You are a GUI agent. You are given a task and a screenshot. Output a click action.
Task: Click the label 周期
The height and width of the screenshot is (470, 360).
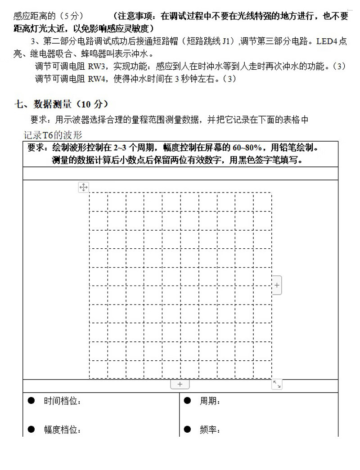(209, 401)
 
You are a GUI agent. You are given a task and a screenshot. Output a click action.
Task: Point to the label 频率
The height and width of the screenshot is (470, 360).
(209, 430)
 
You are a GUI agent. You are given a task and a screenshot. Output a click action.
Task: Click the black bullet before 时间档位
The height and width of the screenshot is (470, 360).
(31, 400)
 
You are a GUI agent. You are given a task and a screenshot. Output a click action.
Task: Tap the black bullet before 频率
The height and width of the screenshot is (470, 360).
(187, 429)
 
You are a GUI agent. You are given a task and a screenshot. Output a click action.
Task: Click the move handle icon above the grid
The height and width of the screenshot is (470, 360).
(84, 187)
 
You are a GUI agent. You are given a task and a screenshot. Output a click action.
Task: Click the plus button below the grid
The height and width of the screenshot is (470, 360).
(180, 385)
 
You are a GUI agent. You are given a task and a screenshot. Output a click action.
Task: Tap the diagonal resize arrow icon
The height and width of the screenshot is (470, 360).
(277, 385)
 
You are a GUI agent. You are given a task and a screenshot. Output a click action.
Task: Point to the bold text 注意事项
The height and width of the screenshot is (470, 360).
(133, 16)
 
